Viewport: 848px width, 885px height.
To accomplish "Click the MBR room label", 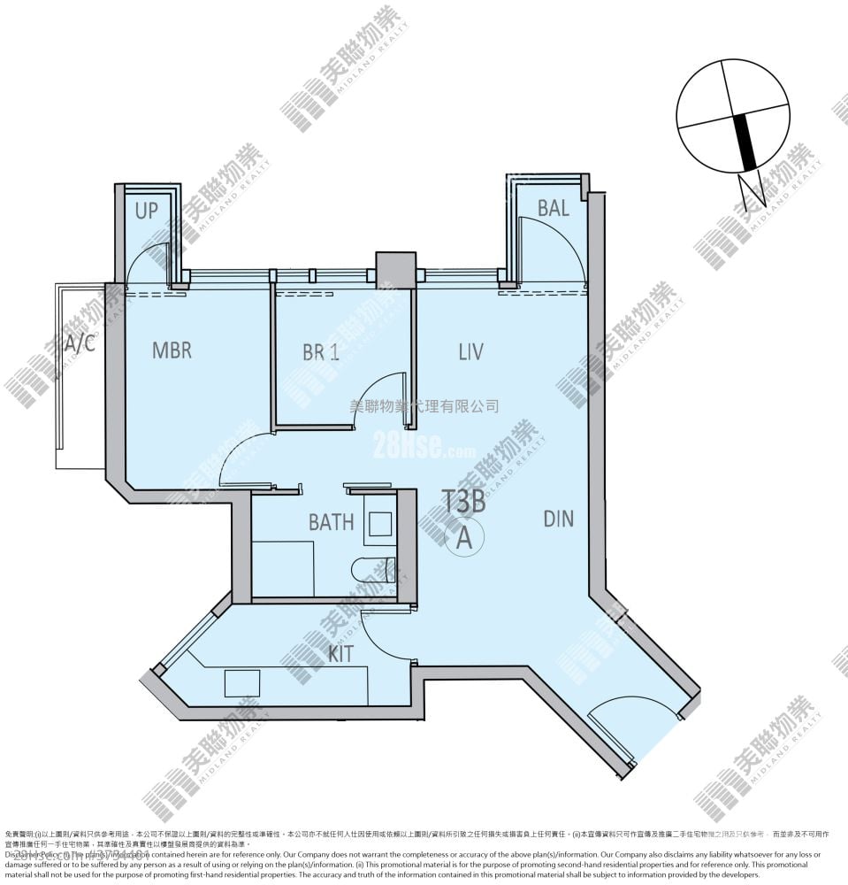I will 172,350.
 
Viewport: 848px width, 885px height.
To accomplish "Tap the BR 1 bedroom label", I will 320,352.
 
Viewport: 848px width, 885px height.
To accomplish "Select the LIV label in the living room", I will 470,352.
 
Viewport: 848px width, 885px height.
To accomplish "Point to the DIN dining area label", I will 558,519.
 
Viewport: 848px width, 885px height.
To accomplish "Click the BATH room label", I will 331,522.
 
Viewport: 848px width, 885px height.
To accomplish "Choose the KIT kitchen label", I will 341,654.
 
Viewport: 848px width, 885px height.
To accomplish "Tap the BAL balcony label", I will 553,209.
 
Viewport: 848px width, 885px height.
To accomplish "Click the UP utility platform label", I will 147,212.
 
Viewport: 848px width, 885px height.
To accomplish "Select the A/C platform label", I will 80,343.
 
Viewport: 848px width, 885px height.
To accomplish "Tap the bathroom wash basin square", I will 380,524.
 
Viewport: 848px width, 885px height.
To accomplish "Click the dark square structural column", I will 395,270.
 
